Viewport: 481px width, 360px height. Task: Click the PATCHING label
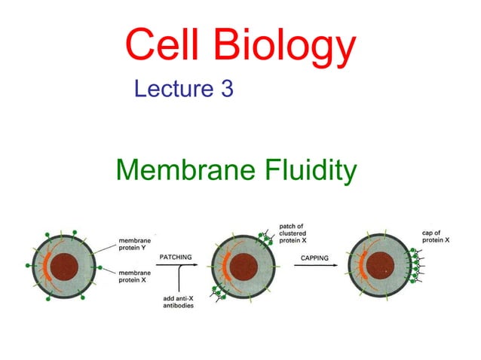click(x=175, y=258)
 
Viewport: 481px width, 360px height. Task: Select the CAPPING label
click(x=315, y=258)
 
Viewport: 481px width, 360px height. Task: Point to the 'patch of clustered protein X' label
click(x=296, y=233)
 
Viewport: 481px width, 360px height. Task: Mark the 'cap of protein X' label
click(x=434, y=236)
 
